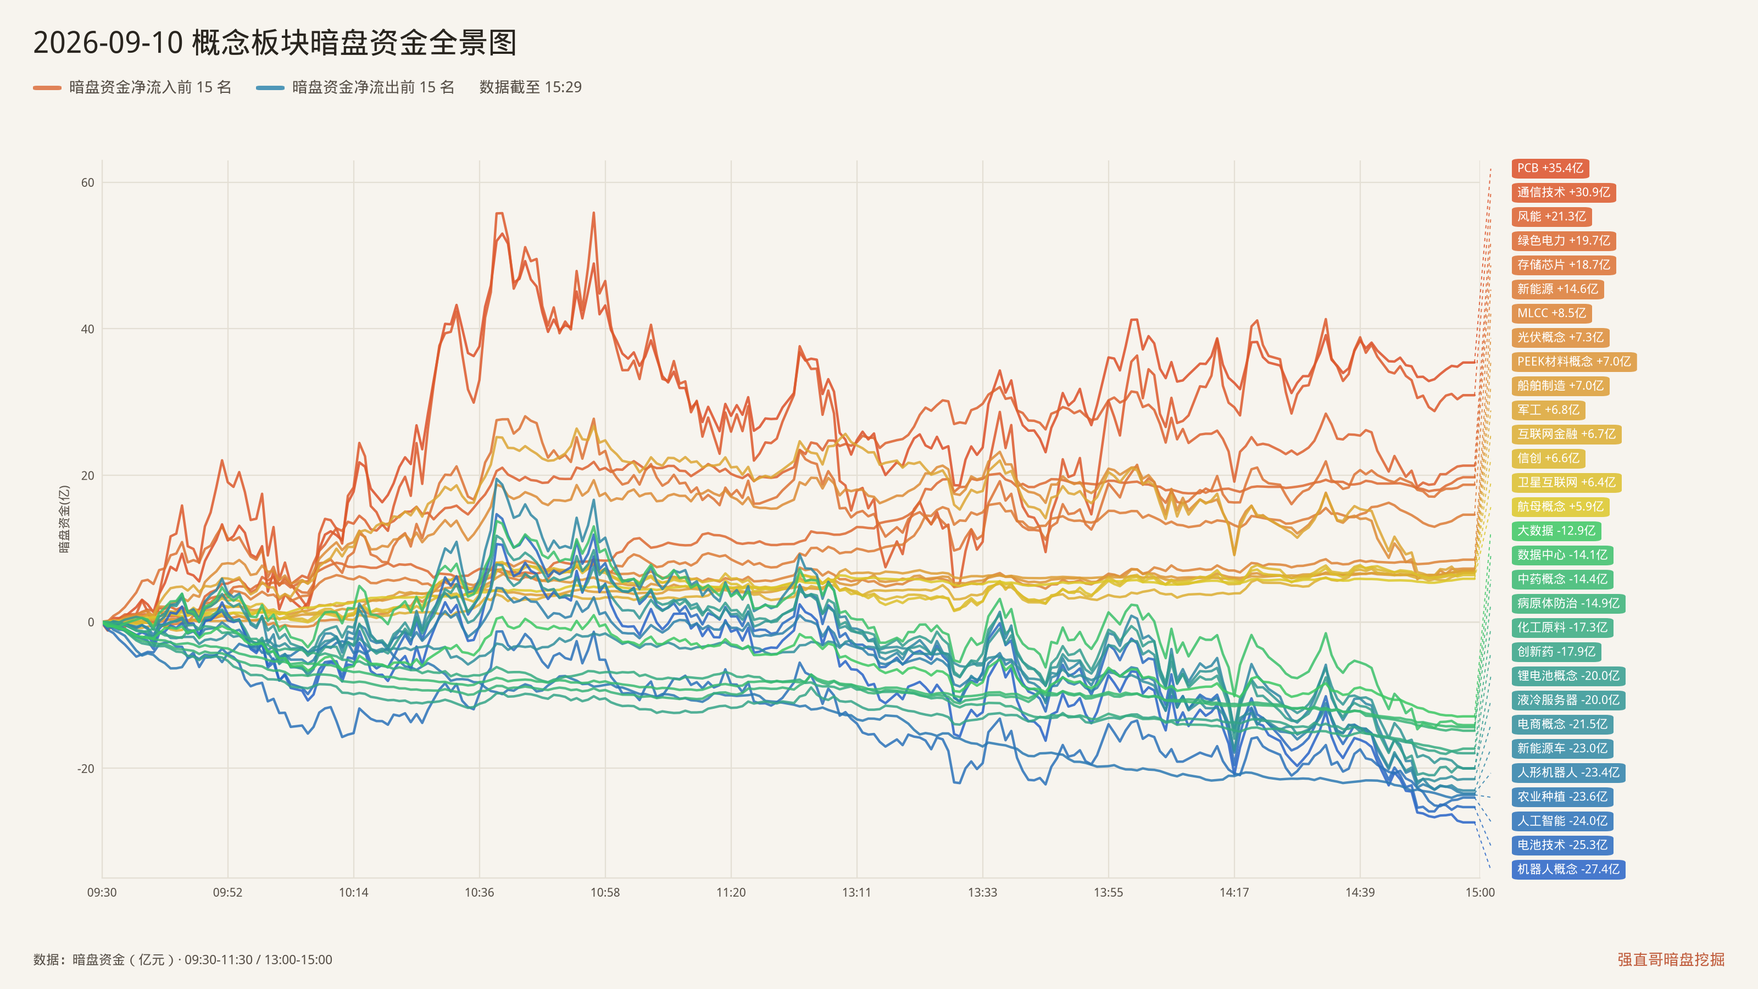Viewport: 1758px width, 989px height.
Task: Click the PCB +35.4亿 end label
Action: coord(1550,168)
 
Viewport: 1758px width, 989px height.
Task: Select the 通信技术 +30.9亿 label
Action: coord(1564,192)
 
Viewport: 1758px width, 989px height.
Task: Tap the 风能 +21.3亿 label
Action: coord(1552,216)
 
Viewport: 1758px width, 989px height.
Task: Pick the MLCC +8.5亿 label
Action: coord(1552,313)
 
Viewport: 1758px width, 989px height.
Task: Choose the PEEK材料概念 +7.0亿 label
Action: coord(1574,362)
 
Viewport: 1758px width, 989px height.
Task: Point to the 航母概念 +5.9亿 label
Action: coord(1561,507)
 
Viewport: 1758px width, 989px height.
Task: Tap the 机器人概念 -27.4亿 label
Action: coord(1568,869)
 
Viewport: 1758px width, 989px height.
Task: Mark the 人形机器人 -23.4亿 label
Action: coord(1568,773)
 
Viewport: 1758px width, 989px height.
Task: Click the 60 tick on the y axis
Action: coord(87,183)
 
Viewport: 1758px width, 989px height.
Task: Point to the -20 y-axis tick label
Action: coord(85,769)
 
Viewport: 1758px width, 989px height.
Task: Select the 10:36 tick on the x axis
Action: coord(479,892)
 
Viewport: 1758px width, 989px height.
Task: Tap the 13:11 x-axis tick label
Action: coord(856,892)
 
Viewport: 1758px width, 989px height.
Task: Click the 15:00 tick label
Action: coord(1479,892)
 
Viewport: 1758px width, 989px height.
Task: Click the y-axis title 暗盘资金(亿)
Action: coord(64,519)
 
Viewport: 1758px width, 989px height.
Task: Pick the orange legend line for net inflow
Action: coord(47,87)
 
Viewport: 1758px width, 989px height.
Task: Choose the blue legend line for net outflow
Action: coord(270,87)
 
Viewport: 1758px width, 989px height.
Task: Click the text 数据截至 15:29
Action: coord(530,87)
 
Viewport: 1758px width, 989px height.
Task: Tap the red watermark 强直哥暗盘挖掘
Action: coord(1671,959)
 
